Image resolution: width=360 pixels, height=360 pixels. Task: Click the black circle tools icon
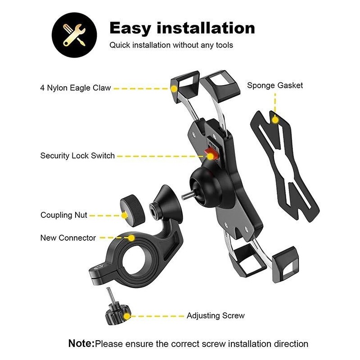tap(74, 35)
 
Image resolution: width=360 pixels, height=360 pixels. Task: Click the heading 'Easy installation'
tap(182, 28)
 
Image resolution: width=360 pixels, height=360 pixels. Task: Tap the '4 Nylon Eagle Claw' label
tap(76, 88)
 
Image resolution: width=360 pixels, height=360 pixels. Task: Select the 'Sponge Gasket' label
tap(275, 85)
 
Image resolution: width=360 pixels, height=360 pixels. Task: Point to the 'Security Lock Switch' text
tap(77, 156)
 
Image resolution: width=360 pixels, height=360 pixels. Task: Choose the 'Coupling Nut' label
tap(64, 215)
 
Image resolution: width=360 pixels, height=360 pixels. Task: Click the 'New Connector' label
tap(68, 238)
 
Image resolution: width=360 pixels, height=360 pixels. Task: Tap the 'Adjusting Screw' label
tap(216, 316)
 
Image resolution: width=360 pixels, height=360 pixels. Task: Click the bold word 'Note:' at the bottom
tap(81, 343)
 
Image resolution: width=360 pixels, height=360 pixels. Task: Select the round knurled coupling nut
tap(132, 211)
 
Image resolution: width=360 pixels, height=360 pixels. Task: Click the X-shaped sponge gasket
tap(285, 166)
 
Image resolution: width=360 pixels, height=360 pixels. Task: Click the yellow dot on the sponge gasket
tap(275, 120)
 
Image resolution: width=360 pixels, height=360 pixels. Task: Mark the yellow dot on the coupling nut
tap(124, 216)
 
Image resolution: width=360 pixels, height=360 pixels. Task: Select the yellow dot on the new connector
tap(131, 238)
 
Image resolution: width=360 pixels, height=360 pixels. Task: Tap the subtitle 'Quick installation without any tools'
tap(171, 45)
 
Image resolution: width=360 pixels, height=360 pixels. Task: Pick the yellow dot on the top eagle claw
tap(174, 89)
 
